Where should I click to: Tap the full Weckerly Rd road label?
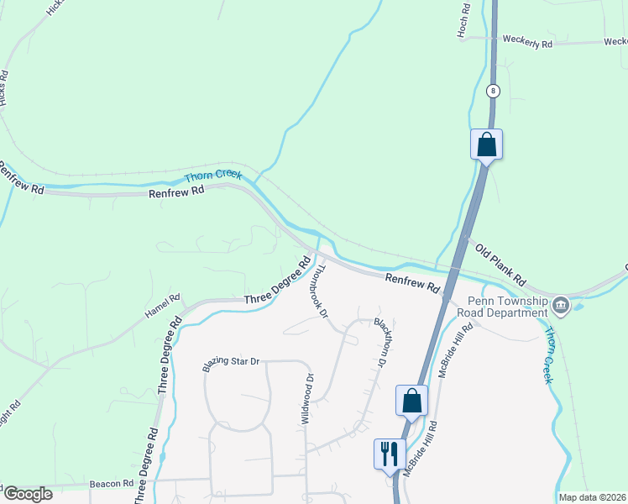(x=527, y=42)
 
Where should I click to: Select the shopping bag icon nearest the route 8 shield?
(x=486, y=144)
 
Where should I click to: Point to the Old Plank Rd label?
(x=500, y=262)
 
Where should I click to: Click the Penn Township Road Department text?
(x=509, y=307)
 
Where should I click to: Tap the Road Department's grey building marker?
(x=561, y=305)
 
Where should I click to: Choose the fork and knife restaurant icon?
(x=388, y=454)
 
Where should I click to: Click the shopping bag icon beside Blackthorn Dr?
(x=411, y=401)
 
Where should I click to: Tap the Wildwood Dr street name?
(x=306, y=398)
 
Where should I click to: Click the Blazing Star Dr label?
(x=232, y=363)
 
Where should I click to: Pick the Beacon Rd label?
(x=112, y=485)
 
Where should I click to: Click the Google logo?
(x=28, y=494)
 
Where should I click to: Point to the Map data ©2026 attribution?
(x=592, y=497)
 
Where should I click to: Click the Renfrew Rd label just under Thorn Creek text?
(x=176, y=192)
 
